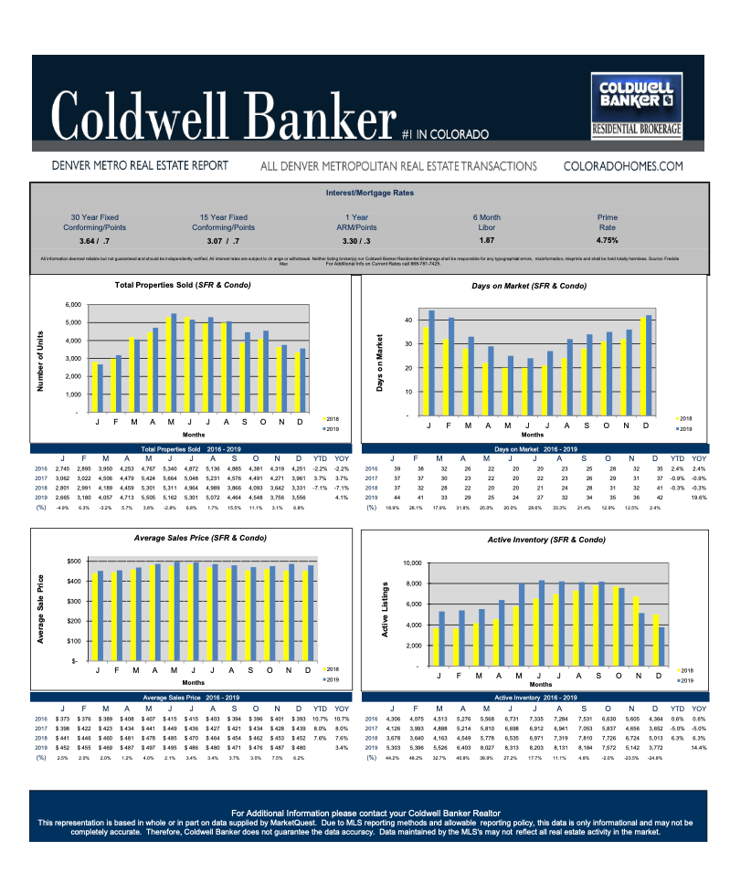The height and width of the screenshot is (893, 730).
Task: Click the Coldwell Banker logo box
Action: pos(637,106)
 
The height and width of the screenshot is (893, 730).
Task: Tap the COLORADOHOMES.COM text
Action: pos(624,166)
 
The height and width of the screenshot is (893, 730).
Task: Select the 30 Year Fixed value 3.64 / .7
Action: pos(94,240)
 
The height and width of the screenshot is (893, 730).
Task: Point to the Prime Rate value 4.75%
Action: pos(608,240)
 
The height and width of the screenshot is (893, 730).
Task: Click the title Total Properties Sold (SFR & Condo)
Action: pos(183,285)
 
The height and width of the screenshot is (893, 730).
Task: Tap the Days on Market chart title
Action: pos(529,286)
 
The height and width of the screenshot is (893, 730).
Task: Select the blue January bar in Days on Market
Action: pos(431,365)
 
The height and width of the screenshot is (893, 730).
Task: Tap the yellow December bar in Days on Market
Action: pos(642,369)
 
